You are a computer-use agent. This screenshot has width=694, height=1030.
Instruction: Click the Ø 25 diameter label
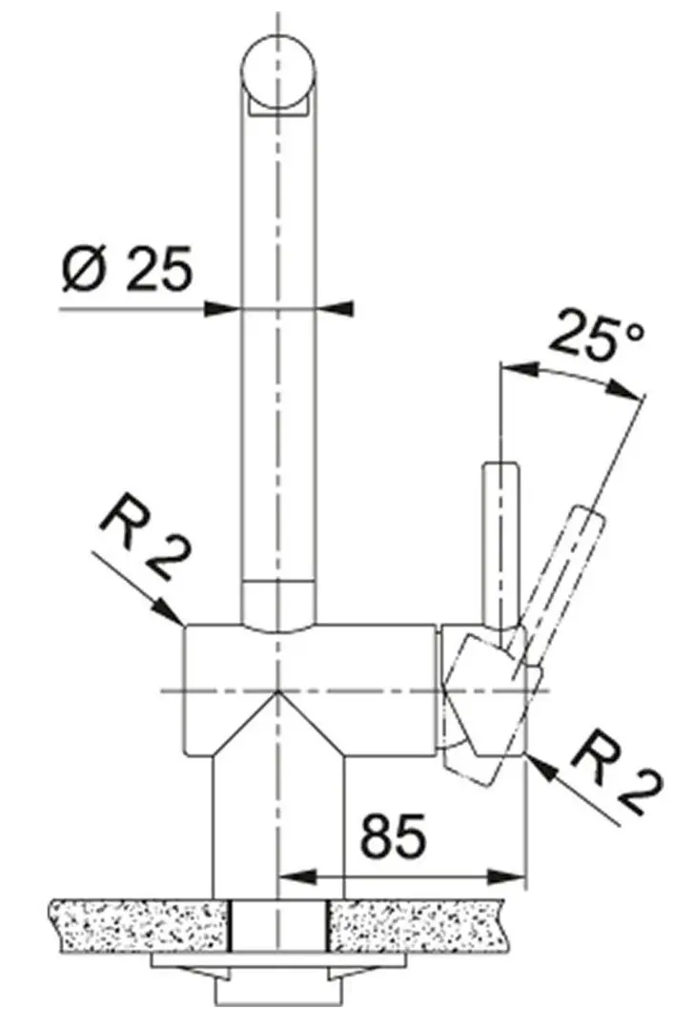tap(125, 270)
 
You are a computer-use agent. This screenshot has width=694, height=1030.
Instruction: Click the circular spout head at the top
tap(278, 72)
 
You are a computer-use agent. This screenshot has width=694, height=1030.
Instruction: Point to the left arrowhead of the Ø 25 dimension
tap(223, 308)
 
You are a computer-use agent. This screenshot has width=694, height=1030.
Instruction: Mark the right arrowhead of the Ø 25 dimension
tap(337, 308)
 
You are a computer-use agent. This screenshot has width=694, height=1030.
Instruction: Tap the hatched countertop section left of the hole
tap(143, 924)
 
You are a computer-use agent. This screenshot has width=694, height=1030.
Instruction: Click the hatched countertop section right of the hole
tap(419, 924)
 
